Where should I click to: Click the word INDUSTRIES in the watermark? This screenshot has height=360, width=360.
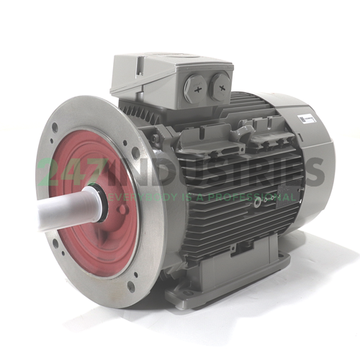[216, 171]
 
